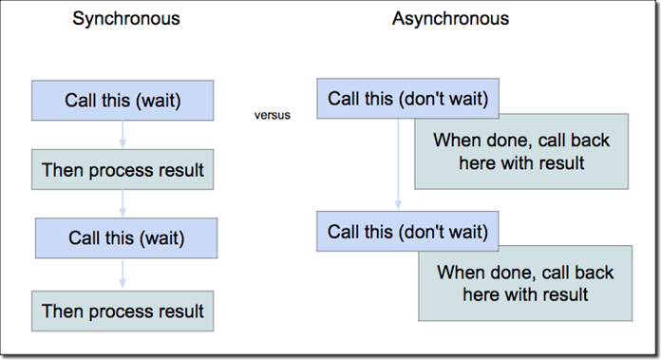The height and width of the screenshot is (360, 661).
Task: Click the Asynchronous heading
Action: click(x=450, y=19)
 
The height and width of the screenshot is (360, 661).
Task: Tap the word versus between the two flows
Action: click(x=272, y=115)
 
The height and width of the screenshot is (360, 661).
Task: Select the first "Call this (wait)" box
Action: click(x=123, y=100)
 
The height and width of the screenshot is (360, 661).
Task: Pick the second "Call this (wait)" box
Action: click(x=125, y=237)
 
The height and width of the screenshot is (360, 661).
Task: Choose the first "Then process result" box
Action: click(x=123, y=170)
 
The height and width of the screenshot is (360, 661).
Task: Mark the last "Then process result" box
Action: click(x=123, y=310)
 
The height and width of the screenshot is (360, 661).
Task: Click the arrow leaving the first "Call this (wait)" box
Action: click(x=123, y=135)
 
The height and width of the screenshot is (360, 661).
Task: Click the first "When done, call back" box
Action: click(x=520, y=152)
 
